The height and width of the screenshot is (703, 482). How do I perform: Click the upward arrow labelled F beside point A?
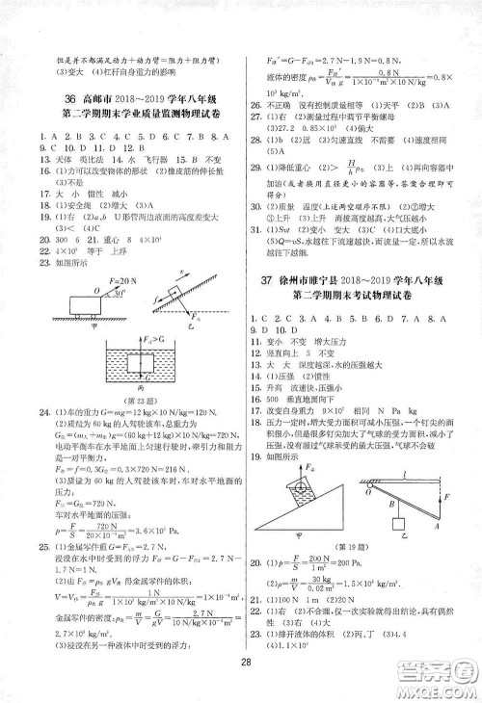[437, 496]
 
